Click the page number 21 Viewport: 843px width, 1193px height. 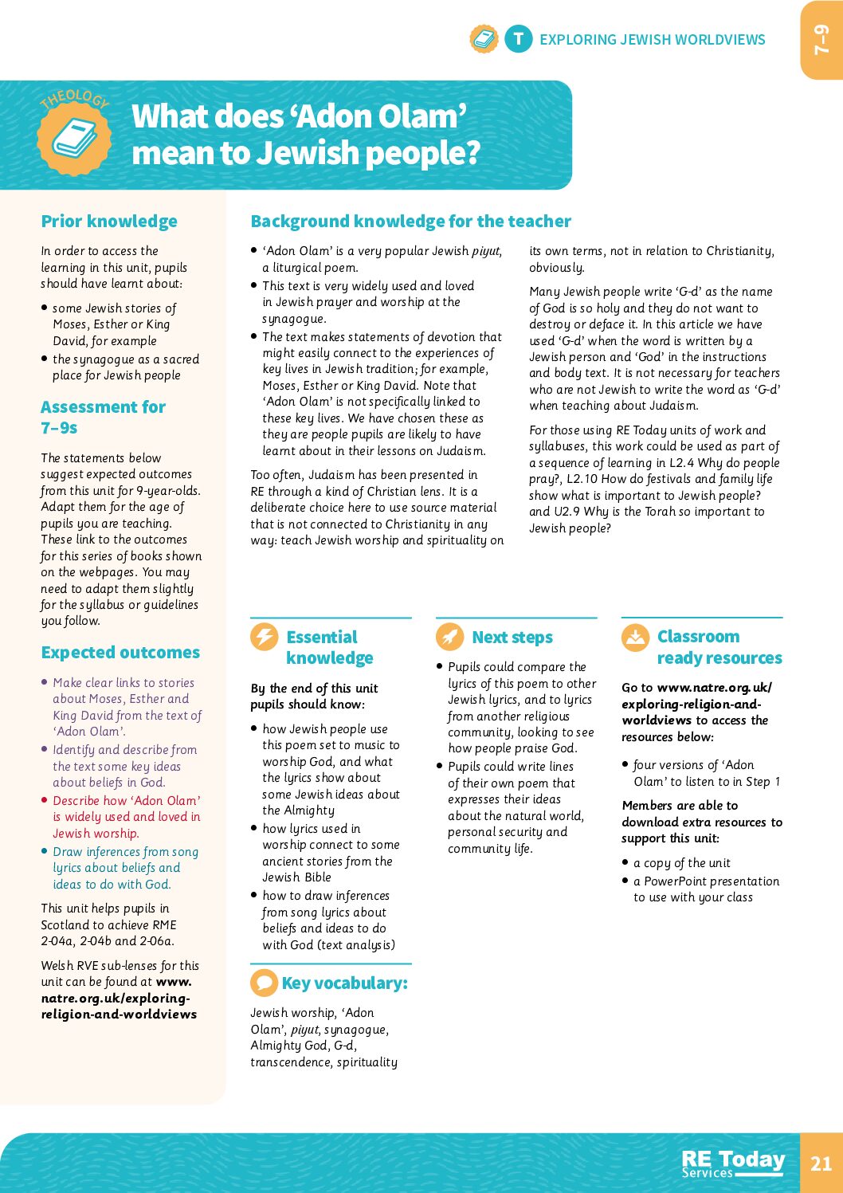coord(821,1163)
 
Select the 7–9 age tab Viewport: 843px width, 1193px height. coord(821,40)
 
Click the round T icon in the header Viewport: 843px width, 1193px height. coord(518,39)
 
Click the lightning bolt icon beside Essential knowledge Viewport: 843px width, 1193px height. coord(264,637)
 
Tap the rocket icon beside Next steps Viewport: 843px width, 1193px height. coord(449,637)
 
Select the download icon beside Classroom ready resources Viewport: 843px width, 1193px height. coord(635,637)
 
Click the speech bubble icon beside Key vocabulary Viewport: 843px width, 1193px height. coord(264,983)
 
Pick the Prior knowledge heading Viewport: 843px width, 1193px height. coord(109,222)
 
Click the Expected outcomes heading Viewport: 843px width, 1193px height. coord(120,653)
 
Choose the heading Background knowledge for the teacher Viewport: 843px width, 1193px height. coord(410,222)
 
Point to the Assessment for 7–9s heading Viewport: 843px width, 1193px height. coord(103,417)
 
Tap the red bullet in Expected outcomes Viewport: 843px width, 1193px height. coord(45,799)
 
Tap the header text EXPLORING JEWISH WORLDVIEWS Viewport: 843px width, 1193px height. coord(652,40)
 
